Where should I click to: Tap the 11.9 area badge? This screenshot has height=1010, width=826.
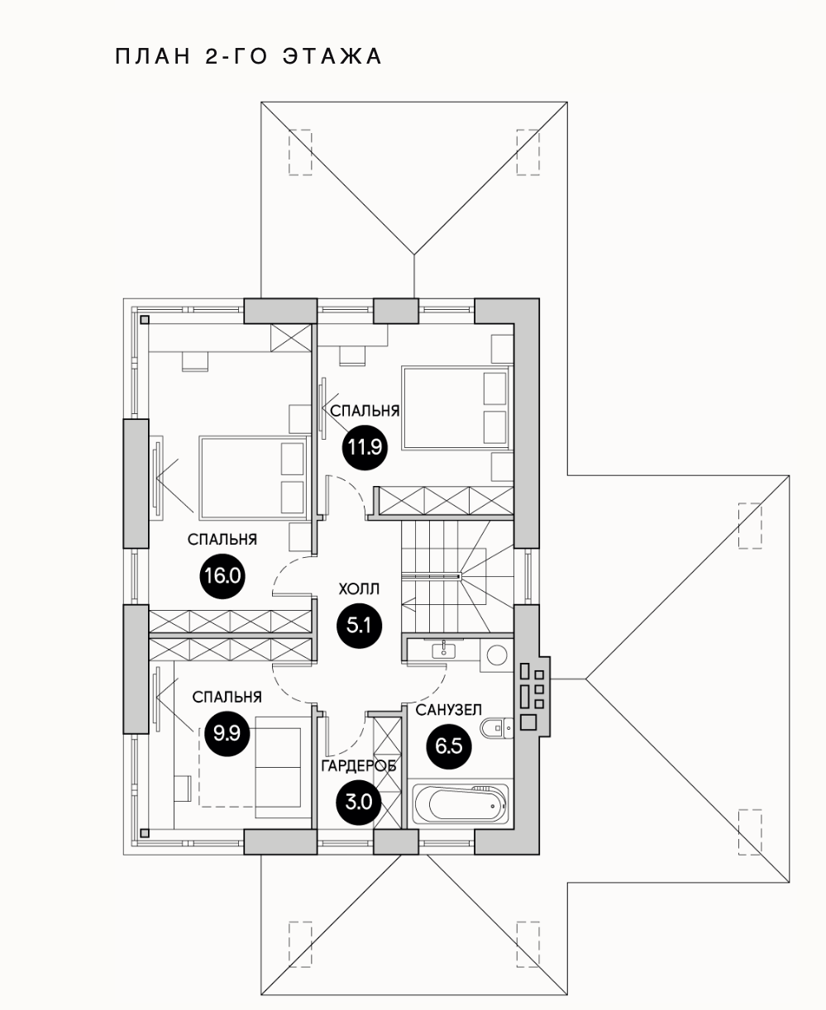pos(364,448)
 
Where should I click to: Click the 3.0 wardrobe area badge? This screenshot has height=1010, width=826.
pos(359,800)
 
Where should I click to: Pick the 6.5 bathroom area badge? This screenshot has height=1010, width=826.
pos(448,746)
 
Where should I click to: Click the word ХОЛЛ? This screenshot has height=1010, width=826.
pos(359,589)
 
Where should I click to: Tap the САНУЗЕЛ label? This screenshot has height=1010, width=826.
pos(449,710)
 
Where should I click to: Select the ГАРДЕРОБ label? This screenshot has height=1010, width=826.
pos(359,766)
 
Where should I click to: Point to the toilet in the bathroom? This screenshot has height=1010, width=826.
pos(497,727)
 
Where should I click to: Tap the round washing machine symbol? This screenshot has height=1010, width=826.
pos(497,655)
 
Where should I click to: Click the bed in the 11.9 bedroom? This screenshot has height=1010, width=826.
pos(454,408)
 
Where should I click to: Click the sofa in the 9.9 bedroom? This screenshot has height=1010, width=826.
pos(279,766)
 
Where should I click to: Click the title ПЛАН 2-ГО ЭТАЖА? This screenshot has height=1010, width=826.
pos(248,56)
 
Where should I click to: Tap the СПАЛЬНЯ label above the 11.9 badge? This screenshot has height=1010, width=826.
pos(365,411)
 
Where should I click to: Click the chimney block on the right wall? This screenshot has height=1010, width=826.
pos(531,696)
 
